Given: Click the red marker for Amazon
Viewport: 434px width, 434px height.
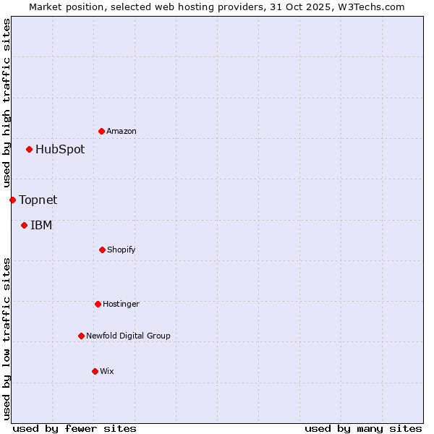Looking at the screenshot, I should point(102,131).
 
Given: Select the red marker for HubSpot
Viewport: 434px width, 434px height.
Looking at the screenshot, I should point(30,150).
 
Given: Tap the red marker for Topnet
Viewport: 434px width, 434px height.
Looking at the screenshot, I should point(12,200).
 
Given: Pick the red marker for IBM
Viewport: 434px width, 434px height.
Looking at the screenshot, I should point(25,225).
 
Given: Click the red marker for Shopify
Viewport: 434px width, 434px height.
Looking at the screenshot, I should point(102,250).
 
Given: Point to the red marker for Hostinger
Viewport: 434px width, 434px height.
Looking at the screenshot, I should point(98,304).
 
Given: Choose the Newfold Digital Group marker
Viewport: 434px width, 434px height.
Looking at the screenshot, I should point(81,336).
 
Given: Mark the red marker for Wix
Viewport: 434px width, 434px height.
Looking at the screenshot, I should point(95,371).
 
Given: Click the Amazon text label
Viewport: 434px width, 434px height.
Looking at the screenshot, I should point(122,131).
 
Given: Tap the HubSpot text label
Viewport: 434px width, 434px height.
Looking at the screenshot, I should point(60,150).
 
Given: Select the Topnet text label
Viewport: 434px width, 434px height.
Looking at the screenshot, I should point(38,200).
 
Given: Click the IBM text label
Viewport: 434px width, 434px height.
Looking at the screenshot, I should point(41,225).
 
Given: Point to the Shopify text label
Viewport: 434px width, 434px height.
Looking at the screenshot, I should point(122,250).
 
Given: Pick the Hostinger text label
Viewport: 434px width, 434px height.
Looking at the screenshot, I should point(121,304).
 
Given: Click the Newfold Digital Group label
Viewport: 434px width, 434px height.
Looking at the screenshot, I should point(128,336).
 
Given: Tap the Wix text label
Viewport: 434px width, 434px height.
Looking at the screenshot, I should point(107,371).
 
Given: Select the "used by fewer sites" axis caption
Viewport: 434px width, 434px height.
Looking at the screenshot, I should point(75,428).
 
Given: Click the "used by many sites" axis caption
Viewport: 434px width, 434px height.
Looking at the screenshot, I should point(363,428).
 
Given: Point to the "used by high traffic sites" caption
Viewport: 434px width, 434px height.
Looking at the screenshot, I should point(7,103).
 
